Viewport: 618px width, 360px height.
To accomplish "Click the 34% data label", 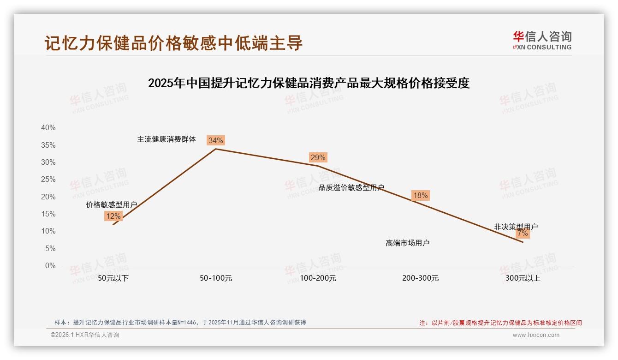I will (x=215, y=140).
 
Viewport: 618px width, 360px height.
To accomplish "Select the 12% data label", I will (x=113, y=216).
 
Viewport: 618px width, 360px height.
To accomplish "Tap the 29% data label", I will (x=318, y=157).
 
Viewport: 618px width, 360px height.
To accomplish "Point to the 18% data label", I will (x=420, y=195).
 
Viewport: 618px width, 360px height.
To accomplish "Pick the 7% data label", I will (x=523, y=233).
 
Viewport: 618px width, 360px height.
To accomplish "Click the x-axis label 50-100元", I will (x=215, y=278).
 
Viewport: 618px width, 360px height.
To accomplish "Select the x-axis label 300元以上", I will (x=523, y=278).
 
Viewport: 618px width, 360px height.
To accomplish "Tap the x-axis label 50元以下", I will (x=113, y=278).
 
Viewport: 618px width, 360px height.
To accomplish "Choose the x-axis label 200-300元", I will (x=420, y=278).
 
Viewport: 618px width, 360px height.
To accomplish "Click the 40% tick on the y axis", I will (x=48, y=128).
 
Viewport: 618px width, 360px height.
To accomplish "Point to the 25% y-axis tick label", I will (x=48, y=180).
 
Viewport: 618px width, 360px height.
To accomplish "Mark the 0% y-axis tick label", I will (x=50, y=266).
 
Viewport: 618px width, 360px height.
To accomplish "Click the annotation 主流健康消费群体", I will (x=166, y=139).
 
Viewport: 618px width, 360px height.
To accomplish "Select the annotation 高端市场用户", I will (x=408, y=243).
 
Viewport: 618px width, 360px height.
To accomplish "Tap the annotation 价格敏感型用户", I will (x=111, y=204).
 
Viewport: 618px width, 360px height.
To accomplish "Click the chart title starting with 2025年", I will (x=309, y=83).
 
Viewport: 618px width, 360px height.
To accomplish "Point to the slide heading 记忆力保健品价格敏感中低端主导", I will (x=173, y=43).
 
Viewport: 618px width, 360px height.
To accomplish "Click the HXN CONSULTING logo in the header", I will (x=542, y=40).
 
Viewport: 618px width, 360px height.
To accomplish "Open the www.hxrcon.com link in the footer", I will (x=536, y=335).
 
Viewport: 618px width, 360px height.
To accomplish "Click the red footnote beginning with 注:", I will (x=500, y=323).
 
